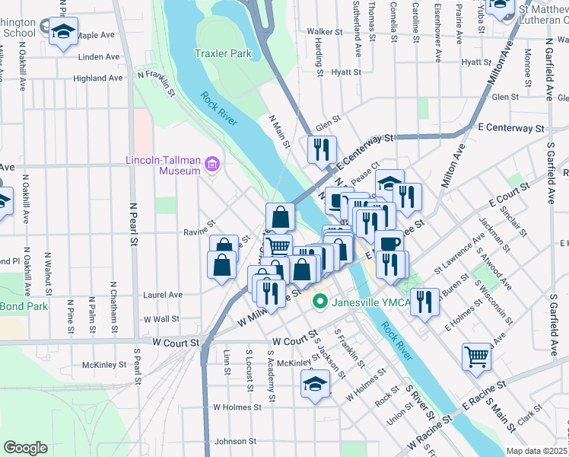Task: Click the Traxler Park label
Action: tap(222, 54)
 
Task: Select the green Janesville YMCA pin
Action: tap(320, 302)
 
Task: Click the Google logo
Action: tap(25, 448)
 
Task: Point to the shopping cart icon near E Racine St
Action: tap(476, 356)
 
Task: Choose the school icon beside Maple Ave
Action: tap(63, 33)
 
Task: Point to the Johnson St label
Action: tap(235, 441)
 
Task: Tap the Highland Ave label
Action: tap(98, 78)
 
